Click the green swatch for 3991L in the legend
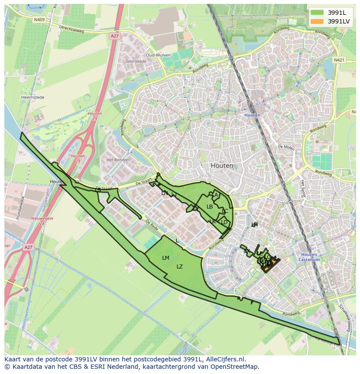pyautogui.click(x=317, y=13)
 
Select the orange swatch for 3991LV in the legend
pyautogui.click(x=317, y=21)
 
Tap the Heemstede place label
pyautogui.click(x=33, y=98)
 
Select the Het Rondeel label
pyautogui.click(x=118, y=159)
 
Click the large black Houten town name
pyautogui.click(x=222, y=165)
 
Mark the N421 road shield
pyautogui.click(x=339, y=60)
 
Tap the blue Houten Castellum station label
pyautogui.click(x=309, y=257)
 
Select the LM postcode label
pyautogui.click(x=166, y=258)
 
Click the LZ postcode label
pyautogui.click(x=180, y=267)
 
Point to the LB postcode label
pyautogui.click(x=210, y=207)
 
